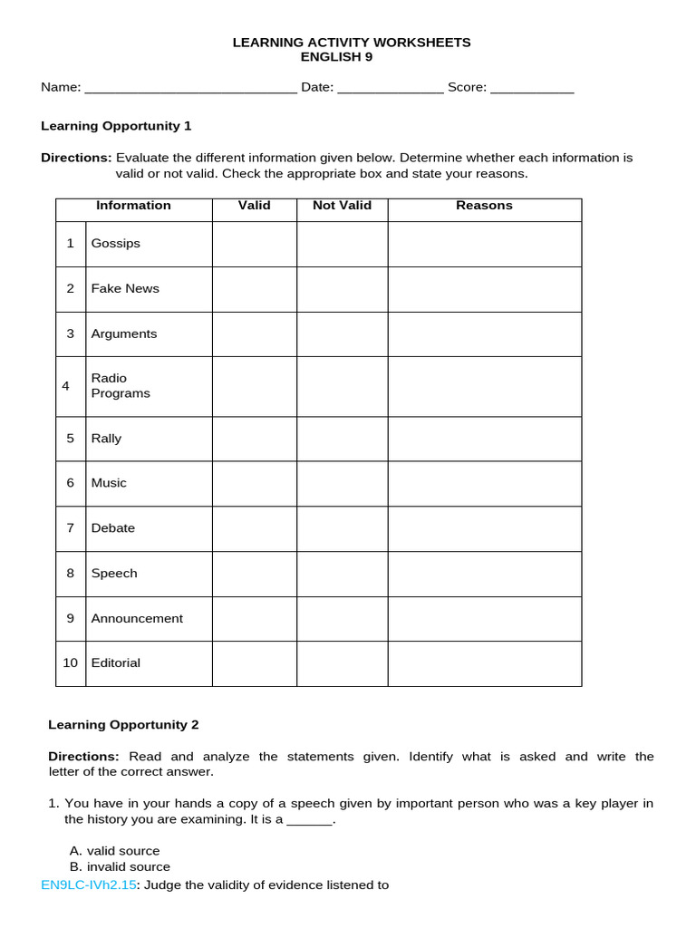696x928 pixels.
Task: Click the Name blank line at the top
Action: coord(190,89)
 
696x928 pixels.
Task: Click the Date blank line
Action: coord(391,89)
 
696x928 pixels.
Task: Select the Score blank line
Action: coord(532,89)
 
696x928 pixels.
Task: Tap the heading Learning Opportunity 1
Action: coord(116,126)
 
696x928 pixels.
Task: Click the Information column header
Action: coord(133,206)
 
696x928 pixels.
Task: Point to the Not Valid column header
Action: coord(342,206)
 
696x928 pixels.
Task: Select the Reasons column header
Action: coord(484,206)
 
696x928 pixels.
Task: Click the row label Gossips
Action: coord(115,244)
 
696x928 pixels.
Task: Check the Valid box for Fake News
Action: coord(255,289)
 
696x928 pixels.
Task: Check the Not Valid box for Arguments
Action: coord(342,333)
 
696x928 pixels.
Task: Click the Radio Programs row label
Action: coord(121,386)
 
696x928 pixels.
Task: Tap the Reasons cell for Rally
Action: coord(484,439)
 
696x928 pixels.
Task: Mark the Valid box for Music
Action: coord(255,483)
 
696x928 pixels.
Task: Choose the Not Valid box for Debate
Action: coord(342,528)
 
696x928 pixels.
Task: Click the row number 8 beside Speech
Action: coord(71,574)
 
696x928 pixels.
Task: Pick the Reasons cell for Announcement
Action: coord(484,618)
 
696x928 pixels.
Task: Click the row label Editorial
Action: coord(115,663)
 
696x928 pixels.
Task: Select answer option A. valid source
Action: coord(114,851)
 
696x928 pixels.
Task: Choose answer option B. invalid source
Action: coord(120,867)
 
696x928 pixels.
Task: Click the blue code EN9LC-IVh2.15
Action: coord(88,884)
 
